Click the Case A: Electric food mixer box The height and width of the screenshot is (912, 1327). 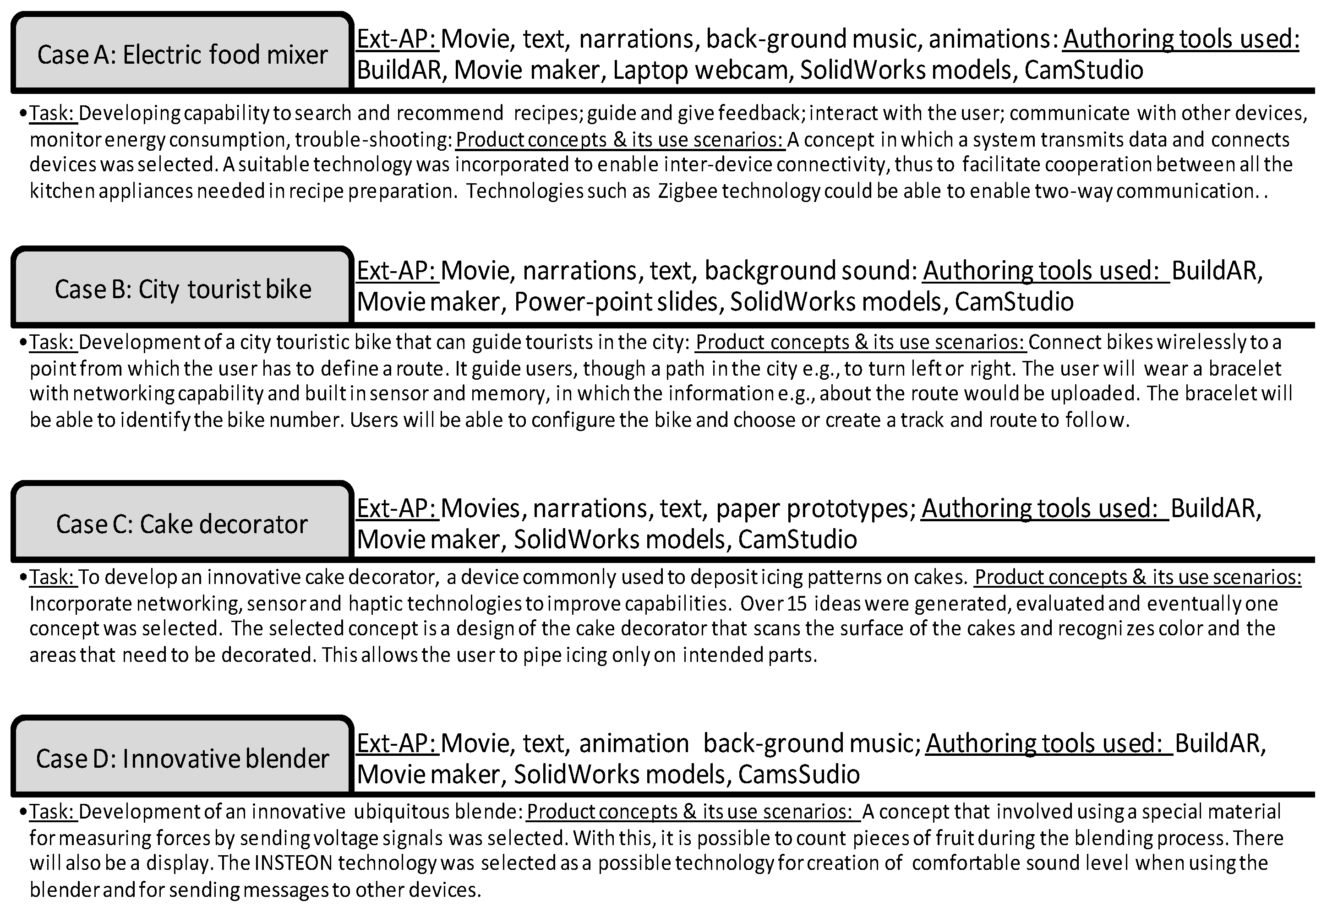point(182,55)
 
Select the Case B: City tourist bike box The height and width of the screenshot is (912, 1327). point(182,289)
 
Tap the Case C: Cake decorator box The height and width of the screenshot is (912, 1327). point(182,524)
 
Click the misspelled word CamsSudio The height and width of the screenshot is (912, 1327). point(798,774)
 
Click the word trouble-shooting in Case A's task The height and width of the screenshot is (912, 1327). point(372,139)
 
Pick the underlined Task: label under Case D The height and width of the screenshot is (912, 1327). point(53,811)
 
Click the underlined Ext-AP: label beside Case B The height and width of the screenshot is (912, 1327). point(397,271)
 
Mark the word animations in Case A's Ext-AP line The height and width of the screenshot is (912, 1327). point(994,39)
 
